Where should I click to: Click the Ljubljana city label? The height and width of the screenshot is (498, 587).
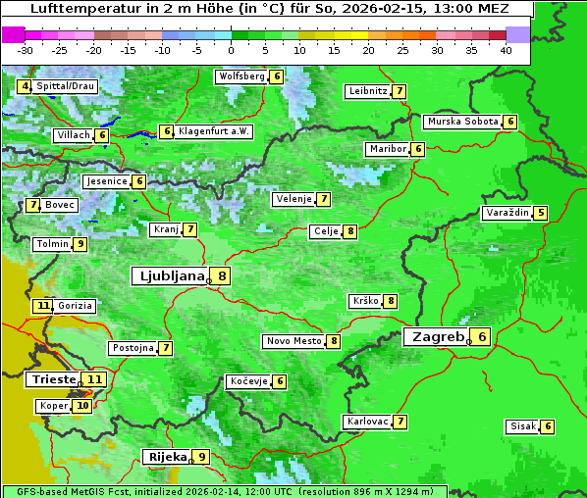[168, 276]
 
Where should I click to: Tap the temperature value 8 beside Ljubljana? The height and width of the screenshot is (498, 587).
[223, 276]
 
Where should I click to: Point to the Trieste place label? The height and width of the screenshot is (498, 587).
[53, 379]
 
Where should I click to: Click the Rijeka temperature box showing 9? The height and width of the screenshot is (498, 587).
[201, 456]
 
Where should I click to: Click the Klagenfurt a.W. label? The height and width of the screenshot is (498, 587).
[214, 131]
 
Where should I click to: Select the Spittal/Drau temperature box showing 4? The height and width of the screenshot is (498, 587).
[25, 86]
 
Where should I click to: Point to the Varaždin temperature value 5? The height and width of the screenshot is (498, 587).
[540, 213]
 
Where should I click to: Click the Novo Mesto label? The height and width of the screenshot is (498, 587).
[293, 341]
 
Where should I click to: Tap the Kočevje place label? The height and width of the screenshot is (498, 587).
[247, 380]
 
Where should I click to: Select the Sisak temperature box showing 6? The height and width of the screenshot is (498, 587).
[547, 426]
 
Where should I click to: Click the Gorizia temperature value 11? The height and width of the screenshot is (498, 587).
[42, 306]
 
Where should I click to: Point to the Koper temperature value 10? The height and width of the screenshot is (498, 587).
[81, 405]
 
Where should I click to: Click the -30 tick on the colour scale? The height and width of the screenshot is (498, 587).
[26, 50]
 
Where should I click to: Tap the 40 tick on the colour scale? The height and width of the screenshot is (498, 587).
[506, 50]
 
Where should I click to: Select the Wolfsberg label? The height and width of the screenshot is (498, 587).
[241, 76]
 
